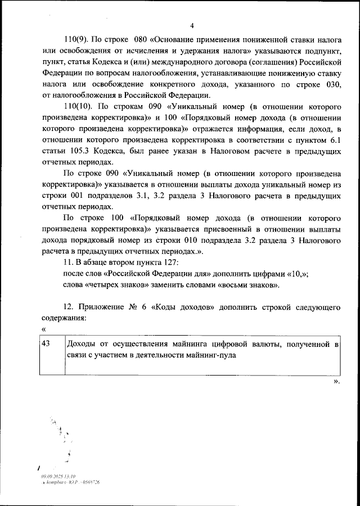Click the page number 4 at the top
tap(191, 26)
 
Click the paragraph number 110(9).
tap(76, 41)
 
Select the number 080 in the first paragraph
tap(141, 41)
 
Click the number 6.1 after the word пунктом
tap(334, 141)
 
